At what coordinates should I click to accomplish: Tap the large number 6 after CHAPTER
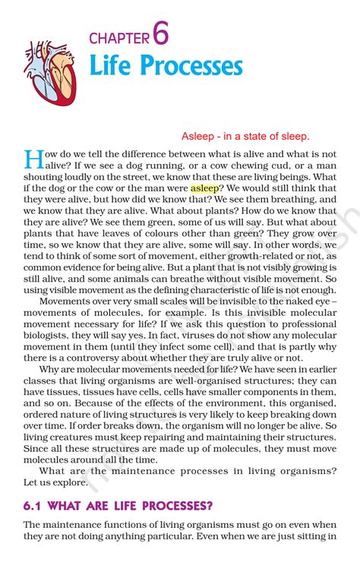pos(159,33)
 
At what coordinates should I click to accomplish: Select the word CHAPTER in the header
pos(119,38)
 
